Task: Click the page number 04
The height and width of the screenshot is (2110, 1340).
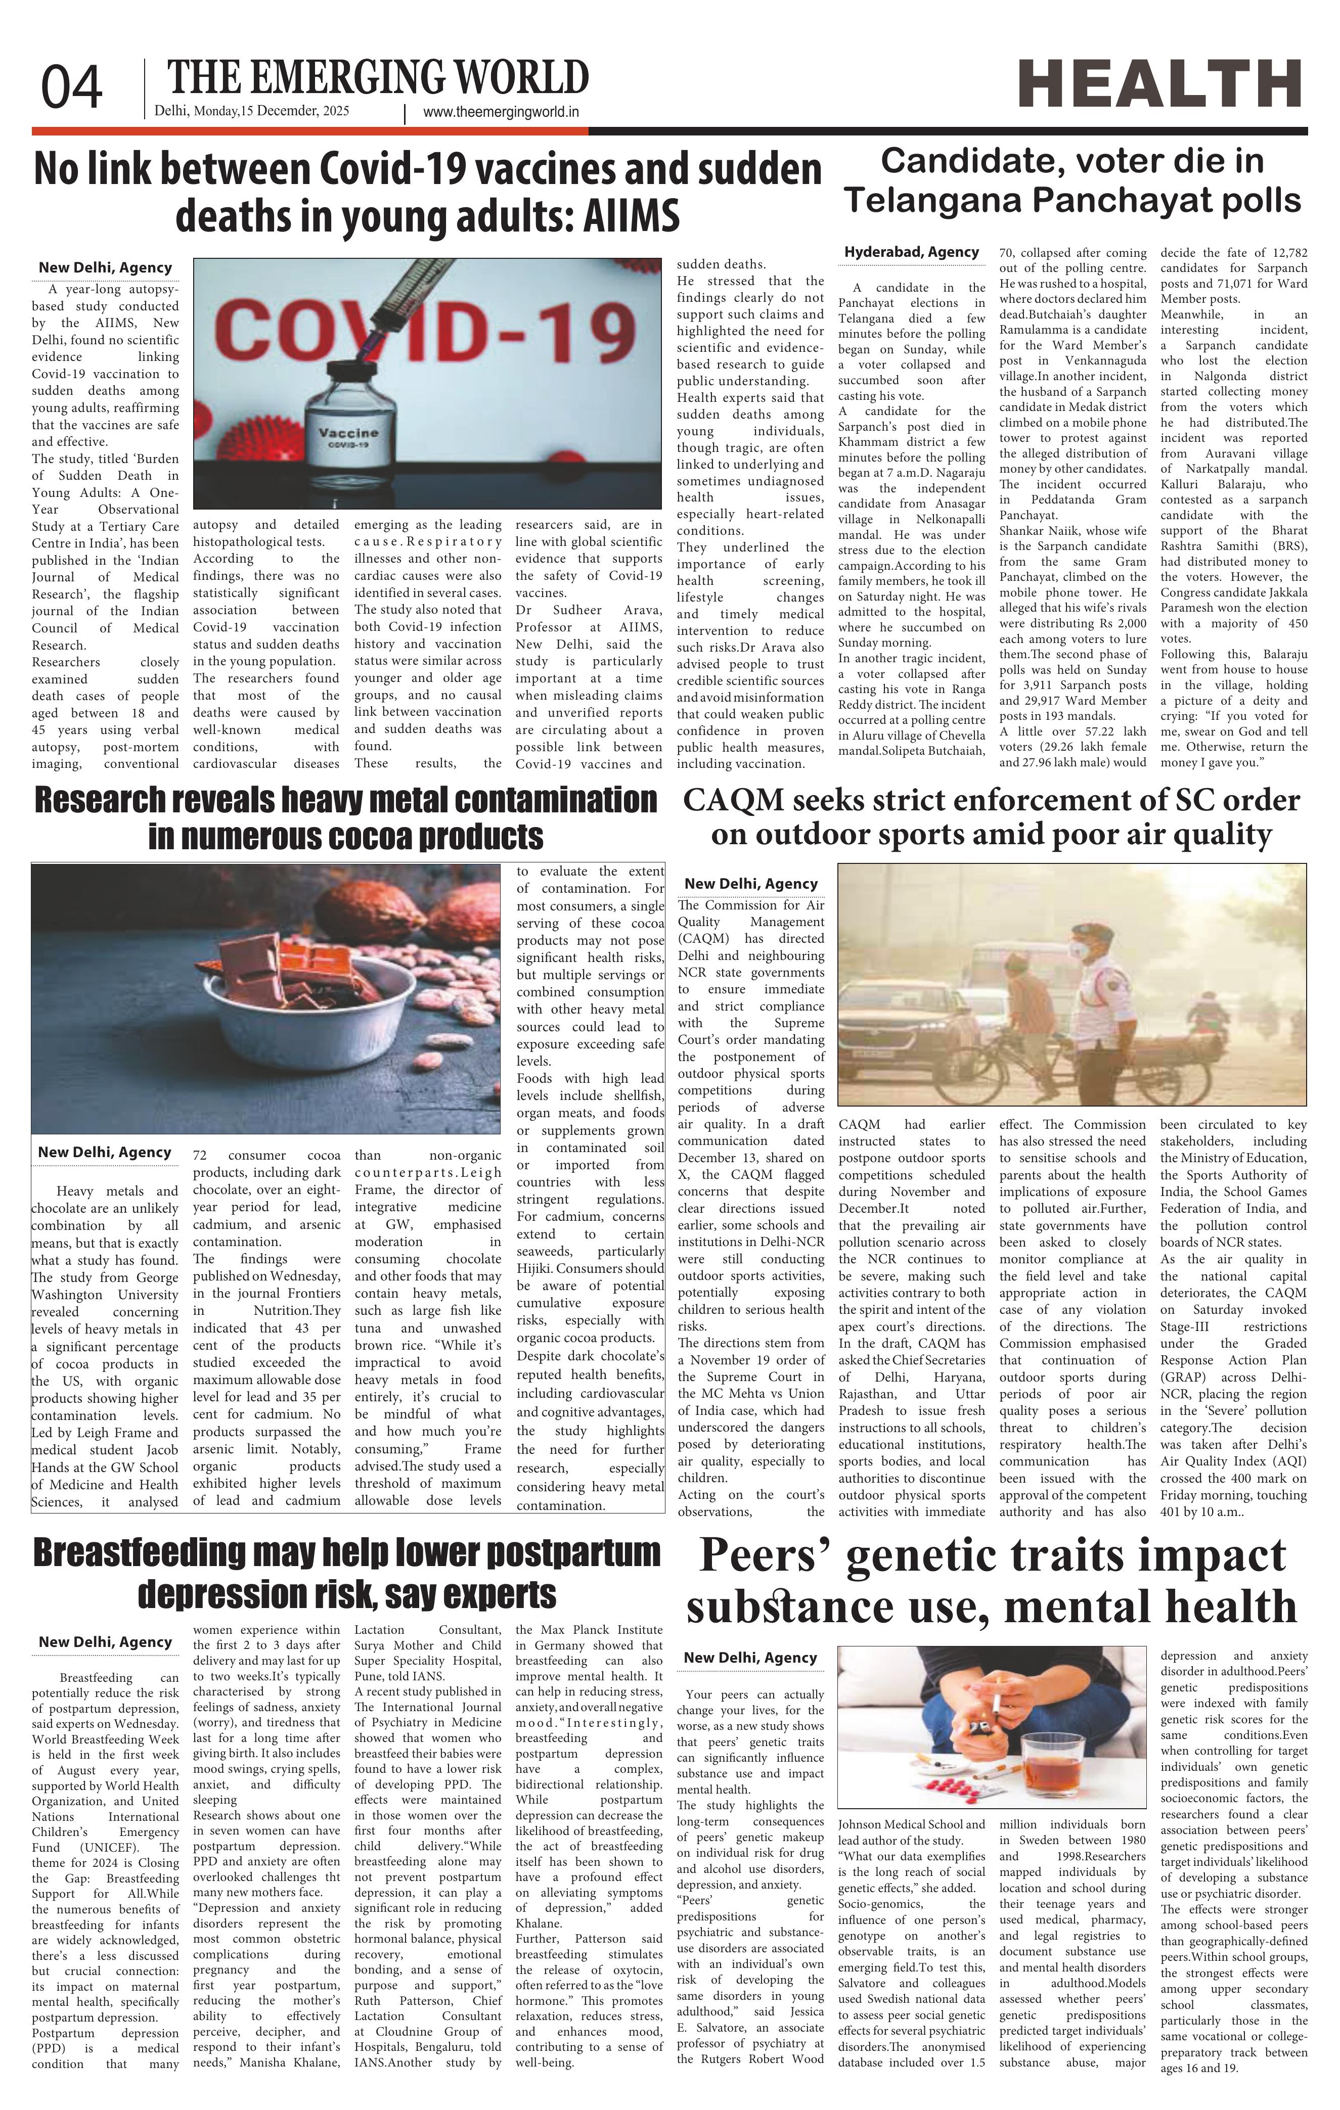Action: (72, 87)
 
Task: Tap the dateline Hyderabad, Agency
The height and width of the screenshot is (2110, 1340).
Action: (911, 252)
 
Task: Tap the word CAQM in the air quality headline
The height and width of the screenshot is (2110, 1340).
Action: (734, 800)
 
